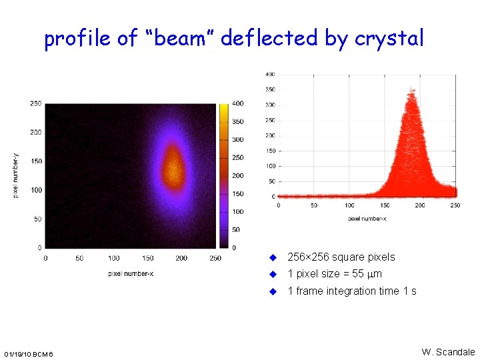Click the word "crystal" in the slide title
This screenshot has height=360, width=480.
click(x=389, y=39)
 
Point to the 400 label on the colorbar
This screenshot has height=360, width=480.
click(x=237, y=104)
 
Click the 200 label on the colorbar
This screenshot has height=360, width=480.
click(x=237, y=176)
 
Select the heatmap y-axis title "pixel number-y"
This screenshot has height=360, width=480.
click(x=16, y=174)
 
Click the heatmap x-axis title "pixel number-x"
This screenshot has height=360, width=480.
click(x=131, y=273)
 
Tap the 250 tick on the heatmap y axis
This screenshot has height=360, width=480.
click(x=35, y=103)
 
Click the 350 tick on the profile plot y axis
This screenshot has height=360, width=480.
click(x=270, y=89)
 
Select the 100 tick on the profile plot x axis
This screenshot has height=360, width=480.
click(x=349, y=205)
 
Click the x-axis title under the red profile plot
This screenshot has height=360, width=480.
click(x=367, y=218)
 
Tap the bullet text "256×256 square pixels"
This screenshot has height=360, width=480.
click(x=341, y=257)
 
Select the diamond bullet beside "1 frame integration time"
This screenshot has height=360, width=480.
click(x=272, y=291)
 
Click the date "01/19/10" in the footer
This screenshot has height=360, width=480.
click(x=19, y=353)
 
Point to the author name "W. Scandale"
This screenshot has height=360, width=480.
click(x=448, y=351)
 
